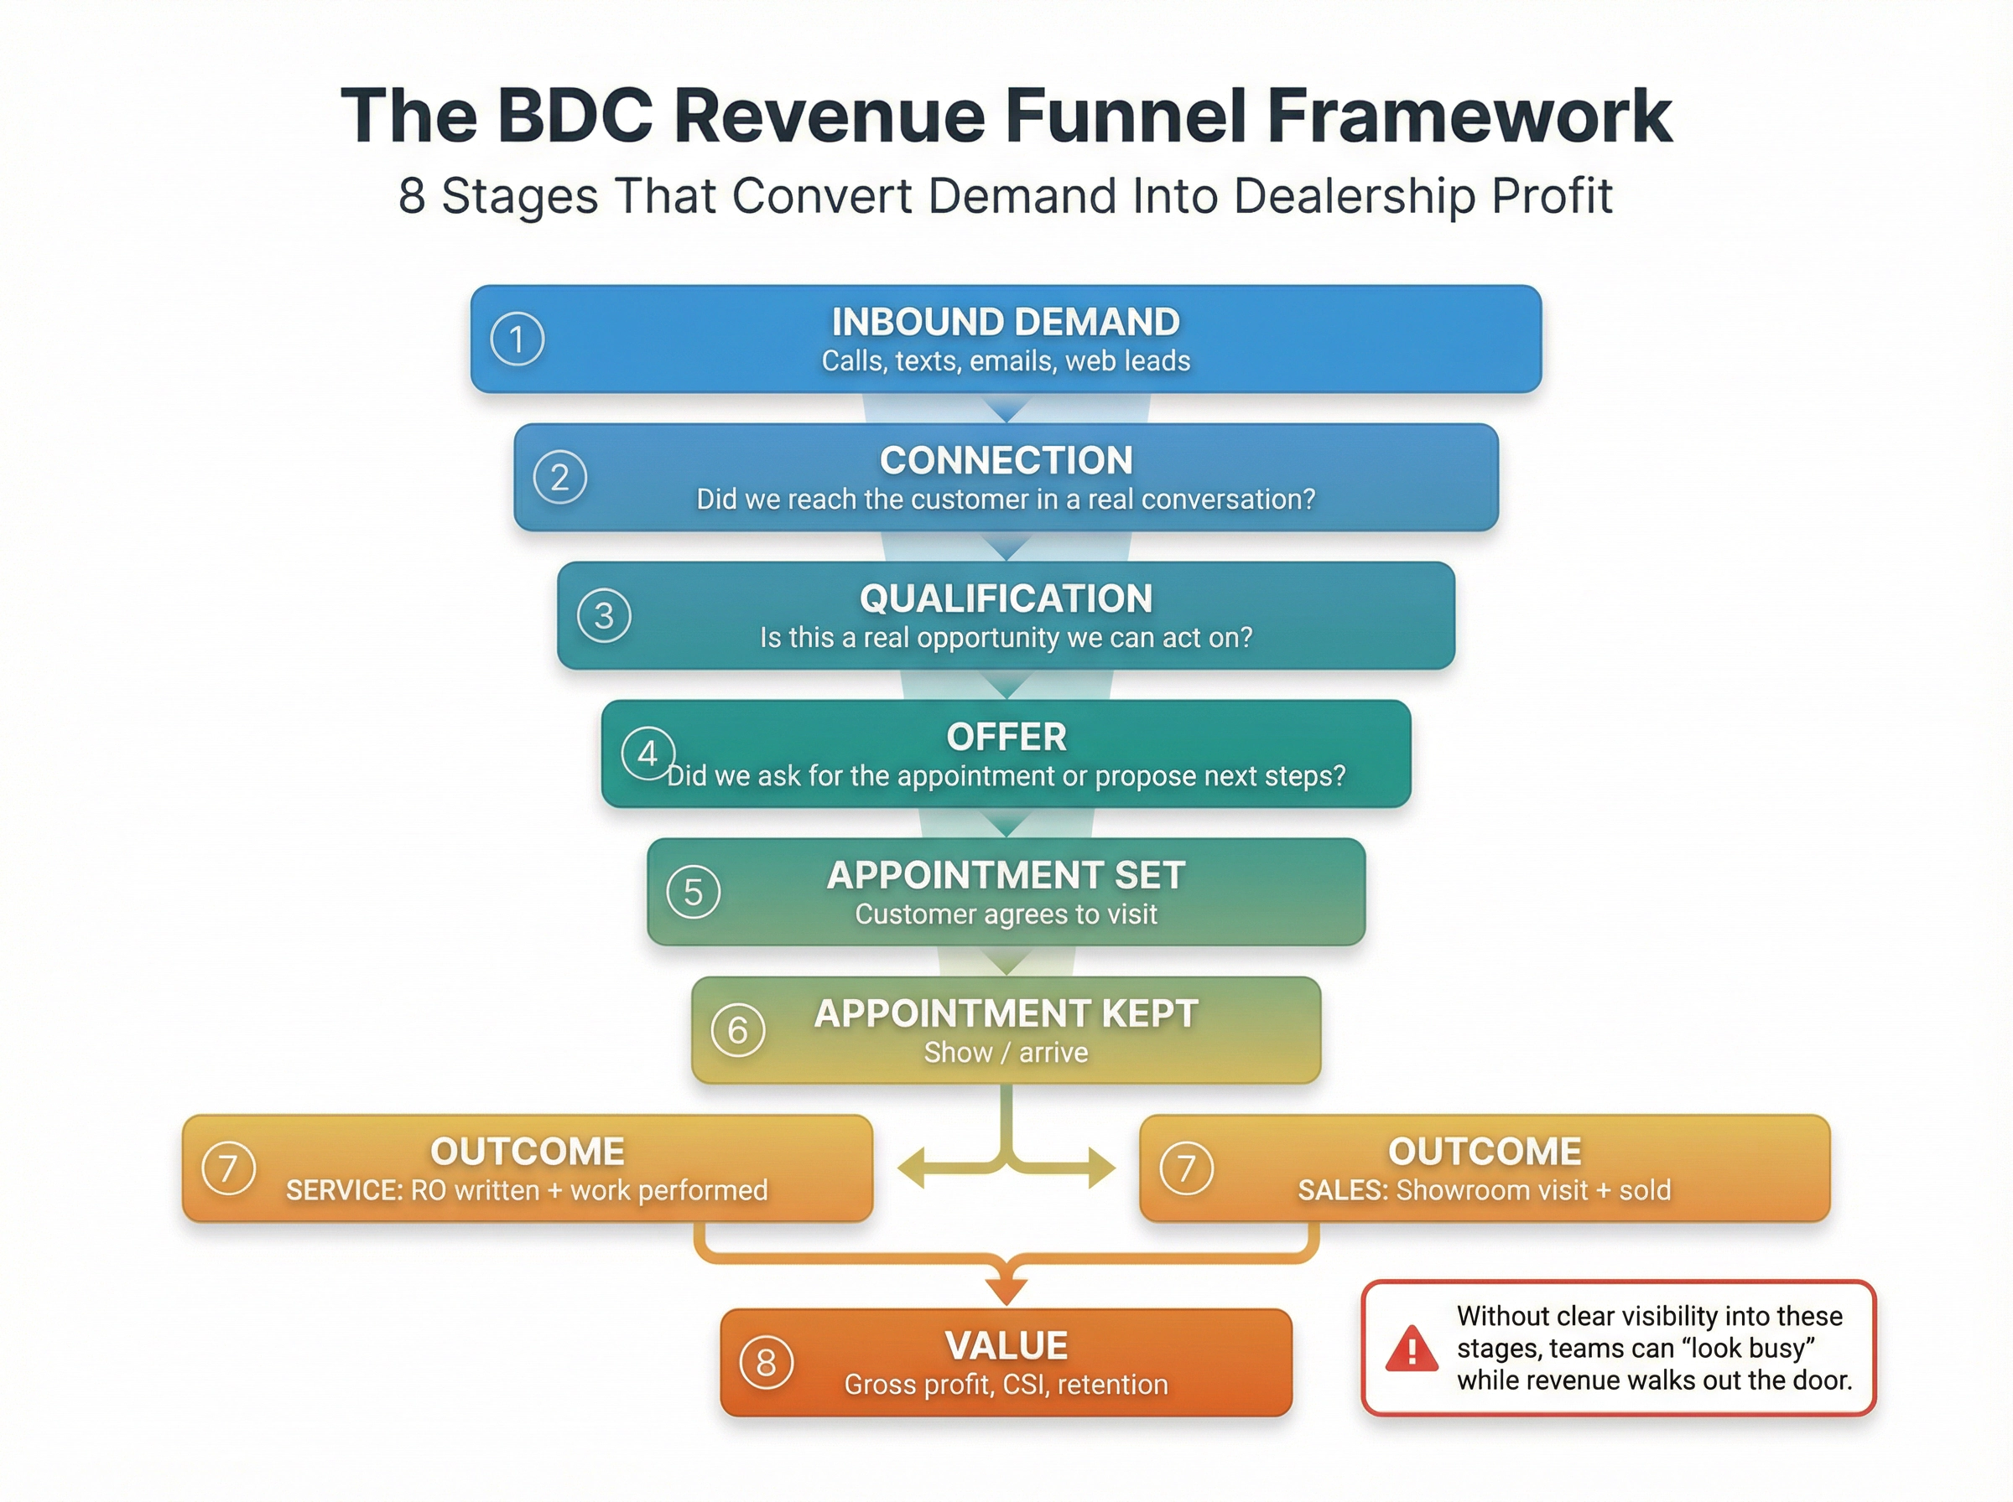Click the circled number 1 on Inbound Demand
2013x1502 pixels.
tap(517, 339)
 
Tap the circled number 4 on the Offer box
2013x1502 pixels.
tap(648, 753)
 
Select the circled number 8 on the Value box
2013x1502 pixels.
tap(766, 1362)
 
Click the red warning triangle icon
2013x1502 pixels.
tap(1411, 1349)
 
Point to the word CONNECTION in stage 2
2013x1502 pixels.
tap(1005, 460)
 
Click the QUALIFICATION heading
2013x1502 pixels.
tap(1005, 598)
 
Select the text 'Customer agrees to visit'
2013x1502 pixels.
tap(1005, 914)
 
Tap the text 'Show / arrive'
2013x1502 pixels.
tap(1005, 1052)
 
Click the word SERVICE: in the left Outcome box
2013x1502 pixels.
tap(344, 1190)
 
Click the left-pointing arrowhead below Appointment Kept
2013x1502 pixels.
tap(913, 1168)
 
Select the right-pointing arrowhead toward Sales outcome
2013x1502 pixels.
tap(1101, 1168)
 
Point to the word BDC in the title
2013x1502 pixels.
tap(575, 116)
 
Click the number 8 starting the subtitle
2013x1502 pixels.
tap(411, 195)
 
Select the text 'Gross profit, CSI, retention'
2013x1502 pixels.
tap(1005, 1384)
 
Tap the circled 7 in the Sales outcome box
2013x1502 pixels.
tap(1186, 1168)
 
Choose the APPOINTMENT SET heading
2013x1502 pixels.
tap(1005, 875)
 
